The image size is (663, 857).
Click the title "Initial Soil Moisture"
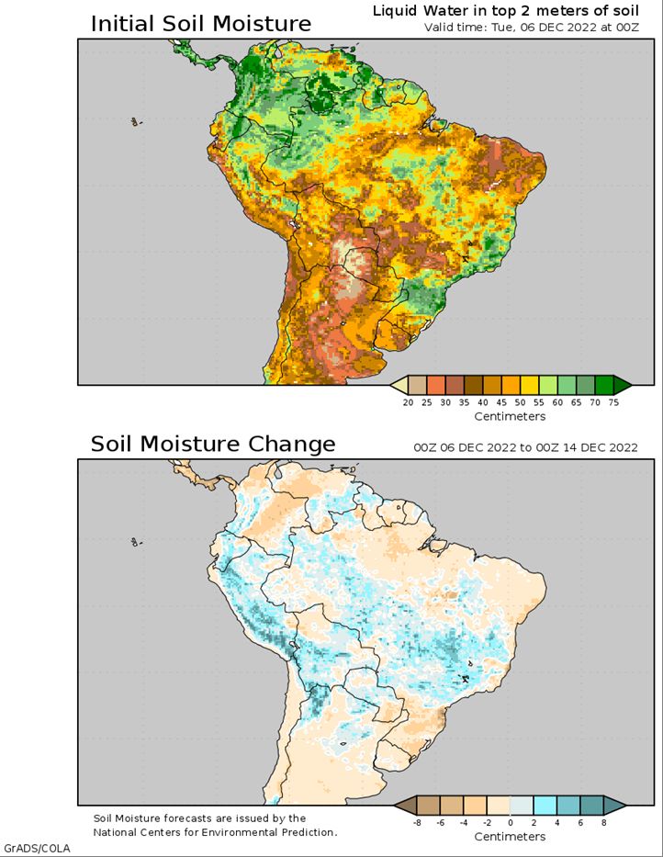[200, 25]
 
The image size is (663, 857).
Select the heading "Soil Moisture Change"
[213, 444]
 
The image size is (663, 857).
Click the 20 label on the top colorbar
[408, 403]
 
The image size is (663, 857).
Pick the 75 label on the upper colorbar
[613, 403]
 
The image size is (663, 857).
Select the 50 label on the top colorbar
[520, 403]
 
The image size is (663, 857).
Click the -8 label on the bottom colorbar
[417, 822]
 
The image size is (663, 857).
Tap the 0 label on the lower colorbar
[510, 822]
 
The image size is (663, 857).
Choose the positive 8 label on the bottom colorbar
[604, 822]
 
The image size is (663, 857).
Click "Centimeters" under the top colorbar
[510, 416]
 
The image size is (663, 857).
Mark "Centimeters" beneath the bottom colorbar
[510, 837]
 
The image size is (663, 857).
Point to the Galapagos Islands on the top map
[136, 122]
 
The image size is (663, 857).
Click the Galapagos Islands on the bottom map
[136, 542]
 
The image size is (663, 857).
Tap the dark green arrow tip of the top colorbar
[624, 385]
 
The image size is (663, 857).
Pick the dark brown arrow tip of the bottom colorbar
[404, 805]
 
